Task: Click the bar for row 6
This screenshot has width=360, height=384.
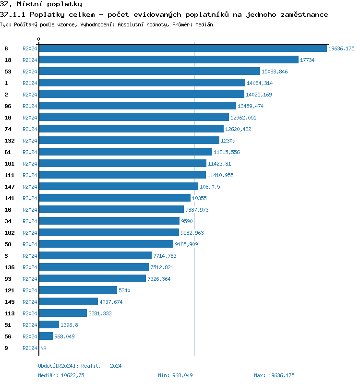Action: [182, 48]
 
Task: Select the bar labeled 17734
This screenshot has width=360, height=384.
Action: [168, 60]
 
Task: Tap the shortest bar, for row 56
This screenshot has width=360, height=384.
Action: [46, 336]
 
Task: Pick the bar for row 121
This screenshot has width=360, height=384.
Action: [78, 290]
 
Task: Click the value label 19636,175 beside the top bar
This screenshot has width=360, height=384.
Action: [341, 48]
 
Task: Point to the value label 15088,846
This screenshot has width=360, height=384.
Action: [275, 72]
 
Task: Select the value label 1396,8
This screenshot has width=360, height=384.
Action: [69, 325]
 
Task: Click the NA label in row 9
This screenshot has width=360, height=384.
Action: [43, 348]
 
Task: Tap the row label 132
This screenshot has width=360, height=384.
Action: [9, 141]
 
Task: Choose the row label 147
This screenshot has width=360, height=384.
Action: [9, 187]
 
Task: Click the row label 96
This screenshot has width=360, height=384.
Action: [8, 106]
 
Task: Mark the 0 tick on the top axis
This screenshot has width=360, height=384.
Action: [39, 39]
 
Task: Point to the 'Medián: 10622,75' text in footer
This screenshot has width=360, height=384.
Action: [61, 375]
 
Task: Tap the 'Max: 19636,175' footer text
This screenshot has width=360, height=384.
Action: [274, 375]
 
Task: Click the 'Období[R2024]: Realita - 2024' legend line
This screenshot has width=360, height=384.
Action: [80, 366]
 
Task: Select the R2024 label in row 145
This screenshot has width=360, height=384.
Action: [30, 302]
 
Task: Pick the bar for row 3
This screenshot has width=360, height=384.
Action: [95, 256]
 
